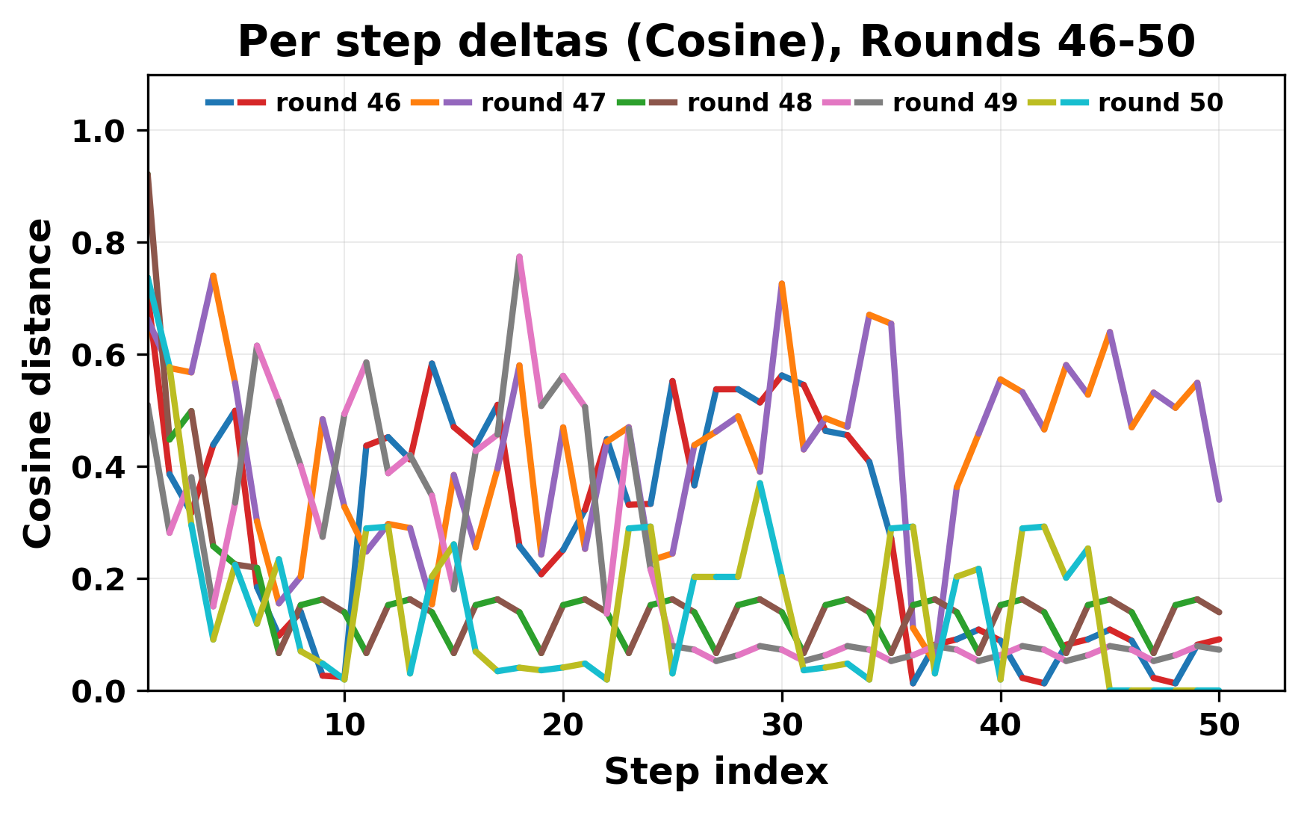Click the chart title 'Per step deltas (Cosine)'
(716, 42)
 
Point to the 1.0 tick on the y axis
(98, 132)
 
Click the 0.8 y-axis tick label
(98, 244)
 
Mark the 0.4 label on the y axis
(98, 468)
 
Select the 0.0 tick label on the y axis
(98, 692)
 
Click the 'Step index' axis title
(716, 772)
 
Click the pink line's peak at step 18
(519, 257)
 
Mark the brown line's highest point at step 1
(149, 175)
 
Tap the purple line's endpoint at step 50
(1219, 500)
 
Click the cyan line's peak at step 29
(760, 483)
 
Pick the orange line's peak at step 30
(782, 284)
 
